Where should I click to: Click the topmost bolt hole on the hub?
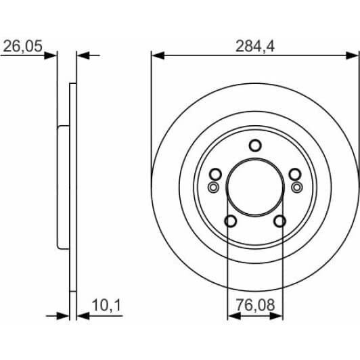click(x=254, y=145)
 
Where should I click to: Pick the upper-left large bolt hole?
click(x=215, y=174)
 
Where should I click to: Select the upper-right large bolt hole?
click(x=295, y=174)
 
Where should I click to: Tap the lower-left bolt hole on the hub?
click(x=230, y=221)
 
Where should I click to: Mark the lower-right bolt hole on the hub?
click(x=279, y=221)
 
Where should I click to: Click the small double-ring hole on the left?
click(x=213, y=187)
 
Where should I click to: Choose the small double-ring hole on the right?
click(x=296, y=187)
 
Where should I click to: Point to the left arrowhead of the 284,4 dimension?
click(x=156, y=55)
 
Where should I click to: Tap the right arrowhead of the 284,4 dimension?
click(x=353, y=55)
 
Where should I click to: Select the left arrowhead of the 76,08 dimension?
click(x=231, y=315)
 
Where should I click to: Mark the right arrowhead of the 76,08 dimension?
click(x=278, y=315)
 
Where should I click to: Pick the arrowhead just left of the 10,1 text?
click(x=82, y=315)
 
